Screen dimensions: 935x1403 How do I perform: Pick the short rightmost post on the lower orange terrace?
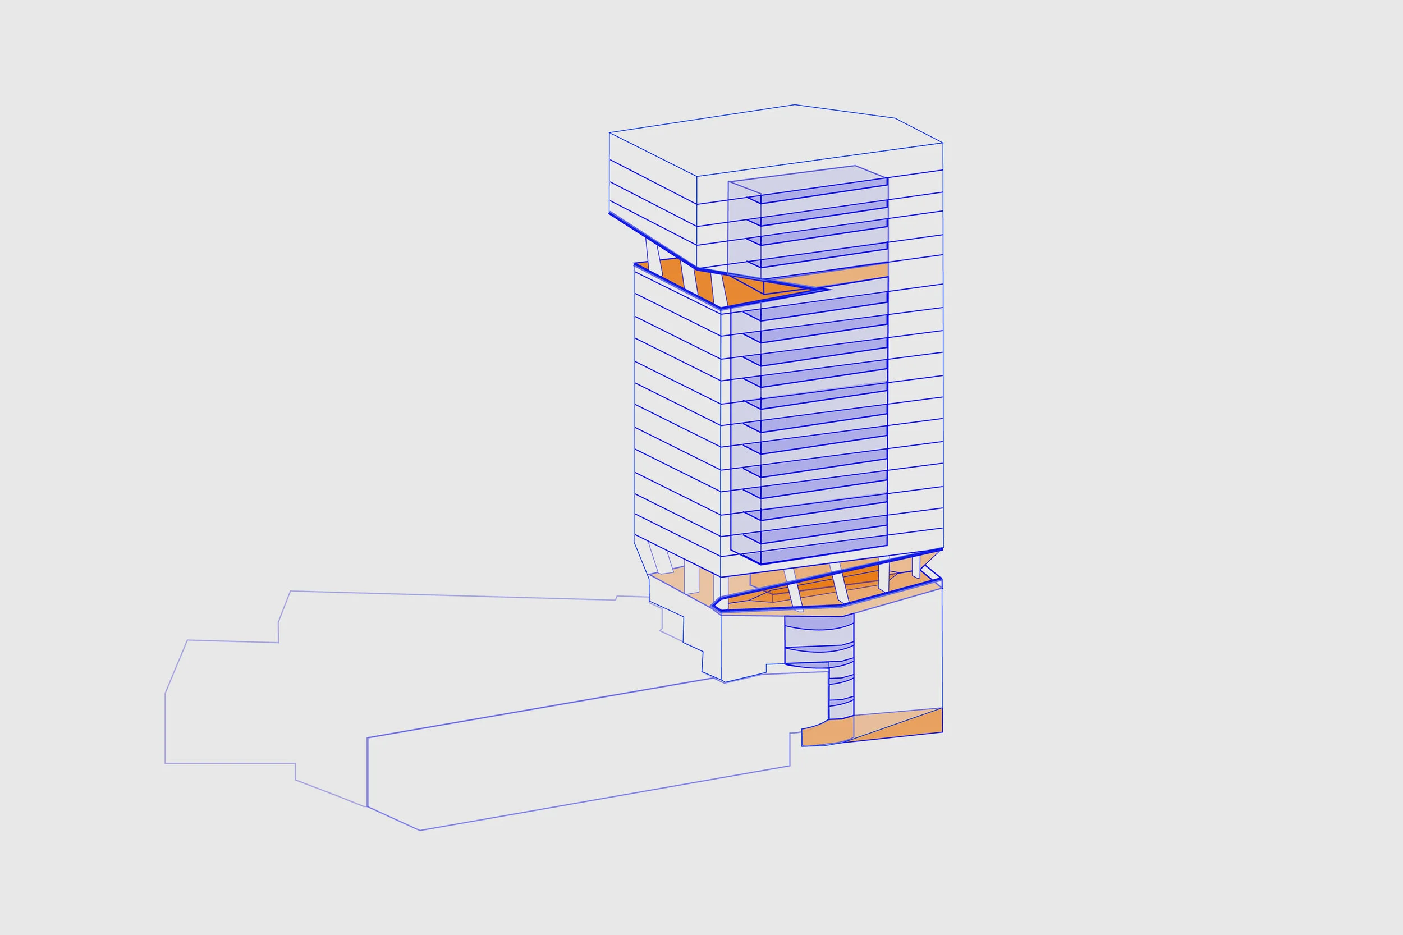tap(915, 566)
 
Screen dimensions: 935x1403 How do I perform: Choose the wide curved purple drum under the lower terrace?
tap(819, 641)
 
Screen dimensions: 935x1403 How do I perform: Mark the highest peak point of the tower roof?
tap(794, 105)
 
